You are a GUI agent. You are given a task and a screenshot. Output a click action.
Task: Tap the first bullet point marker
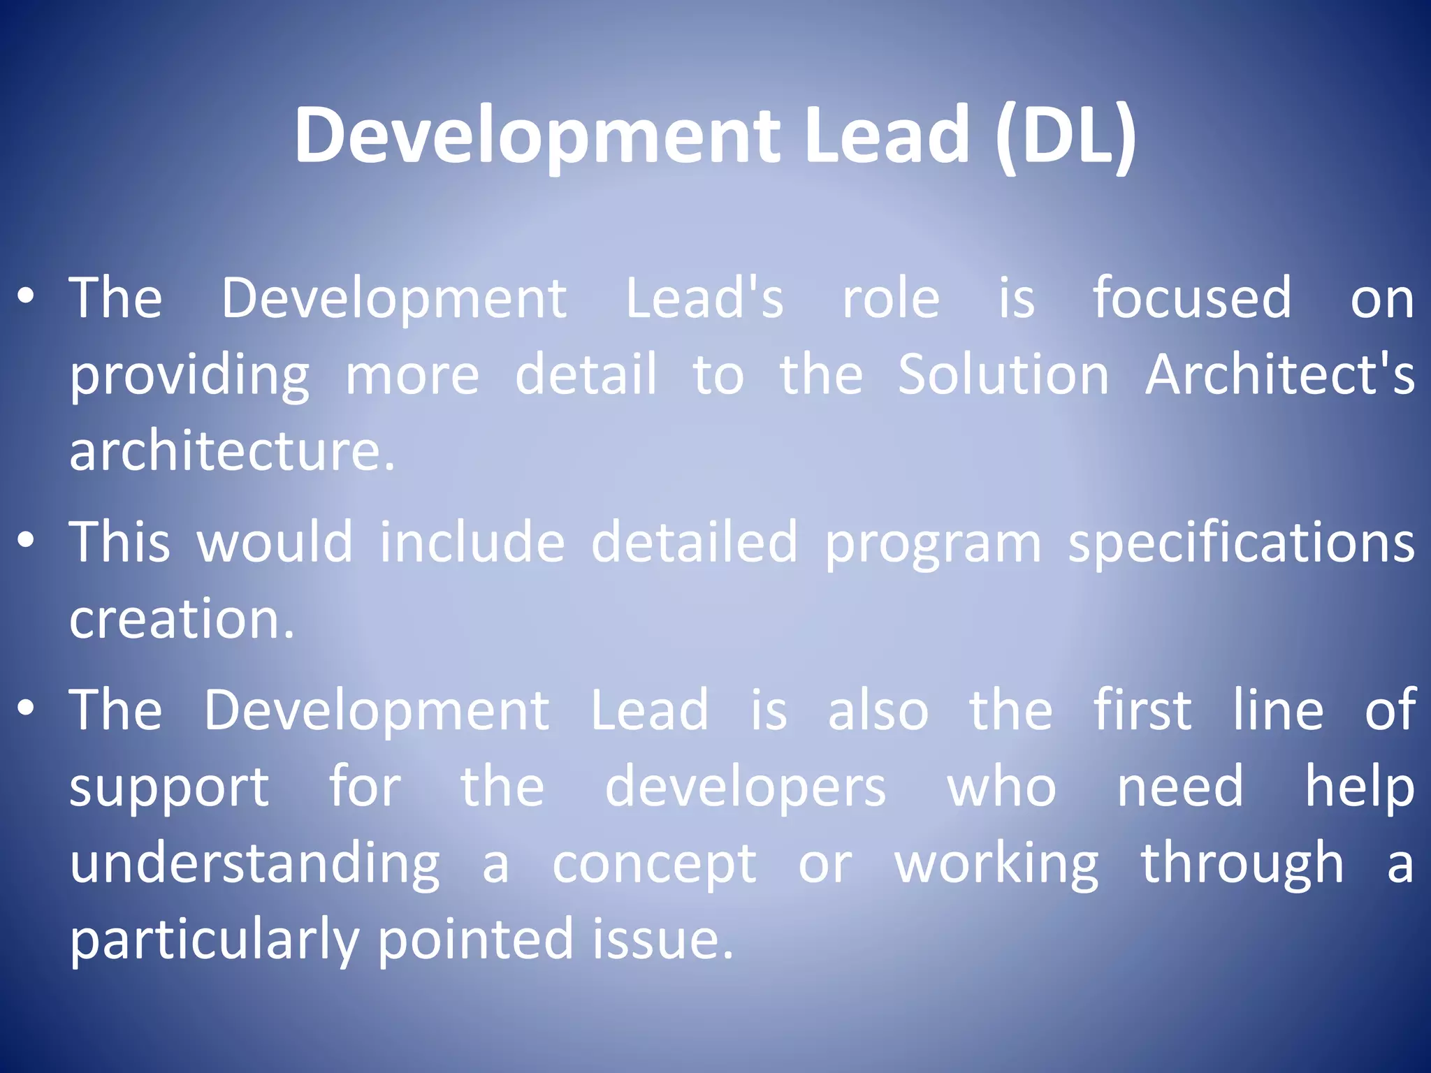tap(26, 297)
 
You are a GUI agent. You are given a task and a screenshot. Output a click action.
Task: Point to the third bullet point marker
tap(26, 708)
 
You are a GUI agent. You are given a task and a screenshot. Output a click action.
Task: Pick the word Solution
tap(1003, 374)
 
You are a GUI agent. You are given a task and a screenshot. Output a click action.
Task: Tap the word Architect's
tap(1279, 374)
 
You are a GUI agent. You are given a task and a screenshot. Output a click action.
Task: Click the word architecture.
tap(232, 451)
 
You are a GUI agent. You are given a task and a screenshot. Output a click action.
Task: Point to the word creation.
tap(182, 619)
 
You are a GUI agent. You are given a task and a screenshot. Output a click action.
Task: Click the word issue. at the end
tap(663, 940)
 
